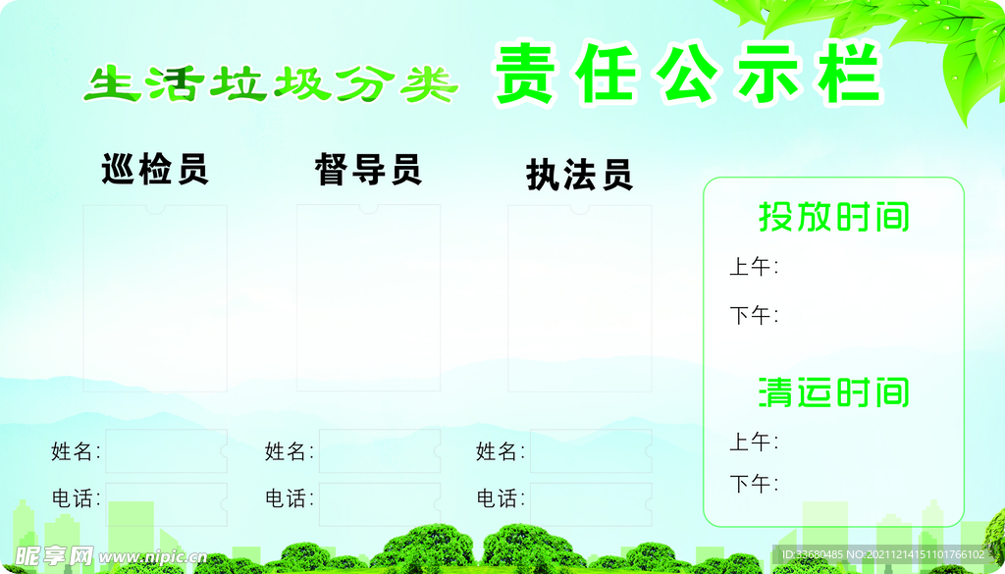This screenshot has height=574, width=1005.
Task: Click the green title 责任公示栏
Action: click(687, 75)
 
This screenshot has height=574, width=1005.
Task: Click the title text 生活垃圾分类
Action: click(271, 85)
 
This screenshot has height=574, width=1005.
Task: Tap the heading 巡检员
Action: click(155, 170)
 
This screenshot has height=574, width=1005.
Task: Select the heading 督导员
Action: click(368, 170)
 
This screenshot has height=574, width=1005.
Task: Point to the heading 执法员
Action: click(579, 175)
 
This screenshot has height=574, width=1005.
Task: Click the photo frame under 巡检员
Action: click(155, 297)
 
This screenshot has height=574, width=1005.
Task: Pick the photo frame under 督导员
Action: click(368, 297)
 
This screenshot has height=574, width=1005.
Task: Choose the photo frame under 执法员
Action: click(579, 297)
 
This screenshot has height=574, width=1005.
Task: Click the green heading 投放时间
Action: click(833, 217)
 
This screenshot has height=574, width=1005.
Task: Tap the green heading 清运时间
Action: click(833, 392)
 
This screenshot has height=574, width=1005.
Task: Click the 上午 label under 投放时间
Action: click(753, 267)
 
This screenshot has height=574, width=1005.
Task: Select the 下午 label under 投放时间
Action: click(753, 316)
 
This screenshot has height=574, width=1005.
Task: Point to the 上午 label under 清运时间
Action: click(753, 443)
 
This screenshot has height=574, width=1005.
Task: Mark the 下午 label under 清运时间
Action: click(753, 484)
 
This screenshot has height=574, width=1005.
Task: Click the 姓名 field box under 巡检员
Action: click(166, 451)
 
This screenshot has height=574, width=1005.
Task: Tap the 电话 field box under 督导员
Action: click(379, 498)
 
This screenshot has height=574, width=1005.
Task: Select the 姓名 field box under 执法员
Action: click(591, 451)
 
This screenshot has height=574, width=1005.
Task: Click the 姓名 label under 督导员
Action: click(289, 451)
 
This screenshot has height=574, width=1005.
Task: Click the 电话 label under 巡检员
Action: click(76, 498)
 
